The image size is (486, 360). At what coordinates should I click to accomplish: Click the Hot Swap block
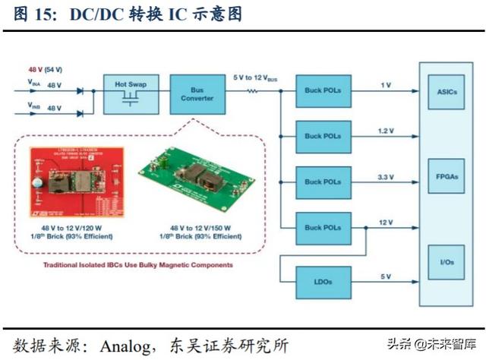[x=130, y=93]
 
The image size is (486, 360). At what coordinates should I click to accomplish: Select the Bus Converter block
[x=192, y=93]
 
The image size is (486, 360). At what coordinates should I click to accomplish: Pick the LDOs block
[x=323, y=281]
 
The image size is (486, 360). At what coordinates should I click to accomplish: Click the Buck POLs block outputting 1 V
[x=323, y=90]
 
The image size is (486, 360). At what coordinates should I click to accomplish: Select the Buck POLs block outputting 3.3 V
[x=323, y=182]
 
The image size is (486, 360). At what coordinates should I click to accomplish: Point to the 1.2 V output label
[x=386, y=131]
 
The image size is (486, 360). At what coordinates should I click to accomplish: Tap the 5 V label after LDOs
[x=386, y=276]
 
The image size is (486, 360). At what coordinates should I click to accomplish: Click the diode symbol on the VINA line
[x=80, y=91]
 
